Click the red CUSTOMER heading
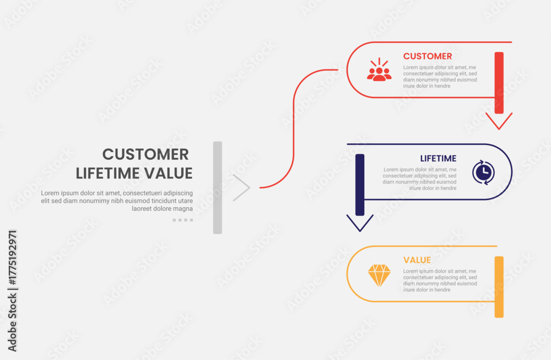[428, 56]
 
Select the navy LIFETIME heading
[438, 159]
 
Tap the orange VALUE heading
[417, 260]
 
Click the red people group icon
[379, 69]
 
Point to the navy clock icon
[484, 172]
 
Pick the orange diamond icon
[379, 275]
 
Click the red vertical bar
[499, 83]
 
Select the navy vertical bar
[360, 185]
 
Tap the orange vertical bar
[499, 287]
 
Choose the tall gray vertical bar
[218, 188]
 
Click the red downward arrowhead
[499, 121]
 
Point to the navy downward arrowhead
[360, 223]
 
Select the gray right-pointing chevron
[241, 188]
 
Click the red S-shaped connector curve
[294, 128]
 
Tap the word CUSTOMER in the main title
[145, 154]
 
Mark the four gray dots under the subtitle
[183, 220]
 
